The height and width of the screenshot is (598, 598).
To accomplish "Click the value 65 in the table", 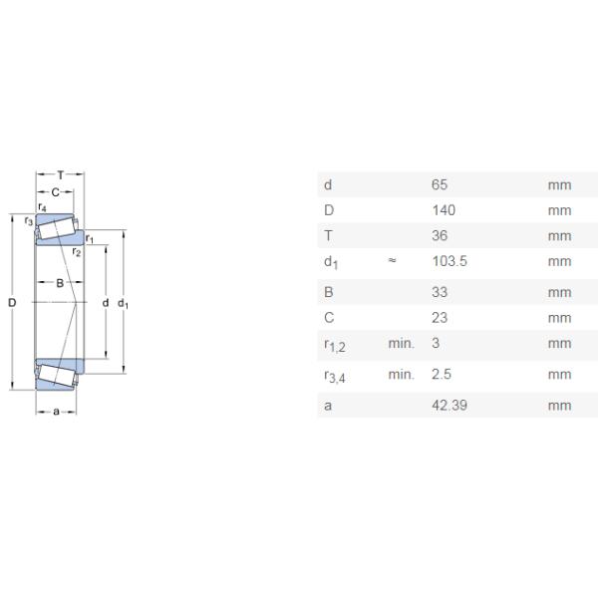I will (x=439, y=184).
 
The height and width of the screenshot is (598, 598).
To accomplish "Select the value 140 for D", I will (x=443, y=210).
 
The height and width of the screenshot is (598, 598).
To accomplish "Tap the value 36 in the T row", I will (x=439, y=236).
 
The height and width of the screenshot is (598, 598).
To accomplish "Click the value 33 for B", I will (x=439, y=293).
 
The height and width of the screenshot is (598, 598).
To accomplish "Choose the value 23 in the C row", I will (x=439, y=318).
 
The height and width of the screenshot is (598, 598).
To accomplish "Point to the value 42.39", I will (x=449, y=405).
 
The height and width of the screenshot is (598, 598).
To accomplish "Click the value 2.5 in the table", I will (x=442, y=375).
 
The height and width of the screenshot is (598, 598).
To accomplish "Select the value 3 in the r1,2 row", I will (x=435, y=344).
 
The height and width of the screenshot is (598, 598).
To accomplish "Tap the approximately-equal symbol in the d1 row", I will (x=393, y=262).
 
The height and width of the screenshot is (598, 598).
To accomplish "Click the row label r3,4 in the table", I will (x=334, y=376).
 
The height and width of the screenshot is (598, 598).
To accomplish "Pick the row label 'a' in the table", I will (x=328, y=405).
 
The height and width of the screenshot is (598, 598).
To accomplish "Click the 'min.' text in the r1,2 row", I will (x=401, y=344).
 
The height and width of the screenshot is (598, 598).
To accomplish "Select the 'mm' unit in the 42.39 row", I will (x=559, y=405).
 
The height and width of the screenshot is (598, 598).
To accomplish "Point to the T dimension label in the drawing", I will (x=60, y=175).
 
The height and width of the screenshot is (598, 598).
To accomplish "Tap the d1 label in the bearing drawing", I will (x=123, y=303).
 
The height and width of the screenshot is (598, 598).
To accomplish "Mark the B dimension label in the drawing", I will (x=60, y=284).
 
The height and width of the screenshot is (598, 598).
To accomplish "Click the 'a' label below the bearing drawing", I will (x=56, y=411).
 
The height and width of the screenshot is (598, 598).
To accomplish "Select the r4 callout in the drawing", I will (x=42, y=207).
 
